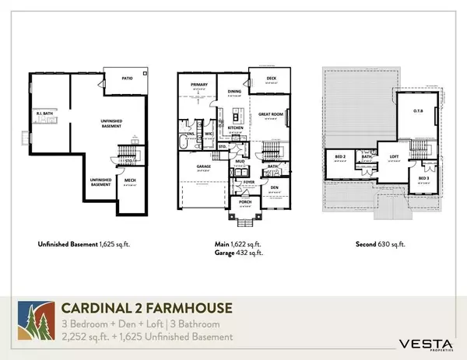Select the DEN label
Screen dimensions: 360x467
[273, 187]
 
